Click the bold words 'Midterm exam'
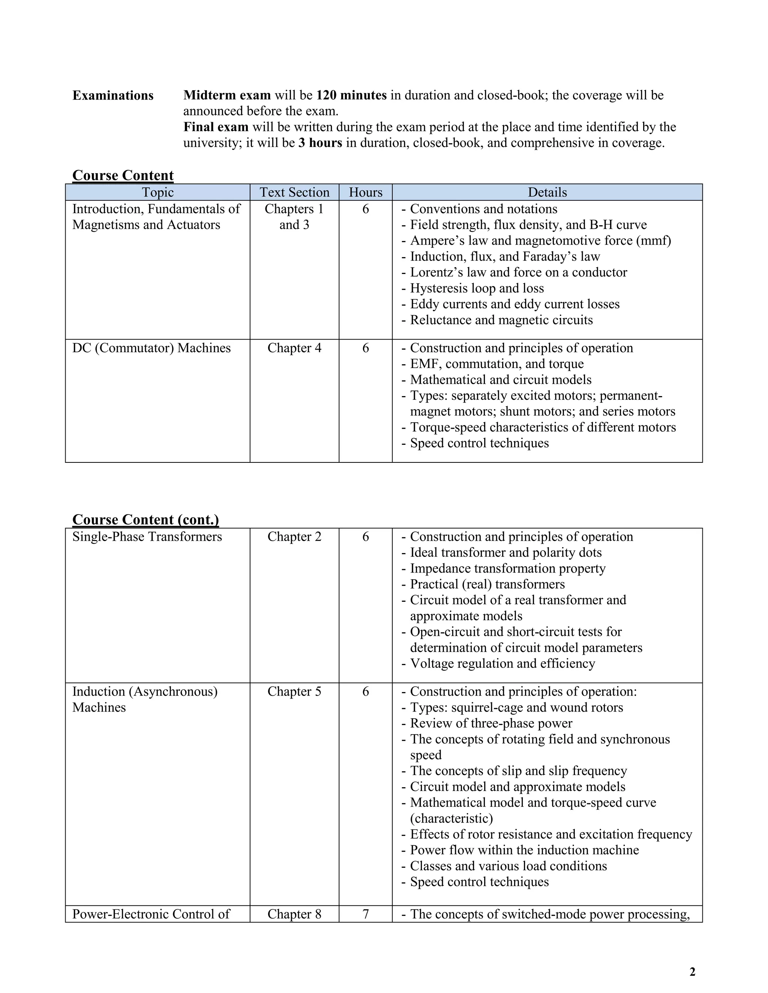[226, 95]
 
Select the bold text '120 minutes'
[351, 95]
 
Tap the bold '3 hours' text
[320, 143]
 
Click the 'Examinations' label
[113, 96]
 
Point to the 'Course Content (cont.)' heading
[145, 519]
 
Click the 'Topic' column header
[157, 192]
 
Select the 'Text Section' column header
[294, 192]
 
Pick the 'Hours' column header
[365, 192]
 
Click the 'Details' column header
[547, 192]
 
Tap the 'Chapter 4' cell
[294, 348]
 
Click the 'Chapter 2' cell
[294, 537]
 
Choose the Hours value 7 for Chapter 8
[365, 914]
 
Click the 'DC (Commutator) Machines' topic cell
[151, 348]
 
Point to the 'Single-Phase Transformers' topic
[147, 537]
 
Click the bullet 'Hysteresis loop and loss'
[477, 288]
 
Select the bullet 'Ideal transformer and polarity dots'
[505, 552]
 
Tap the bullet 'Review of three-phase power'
[491, 723]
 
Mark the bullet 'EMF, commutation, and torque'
[496, 364]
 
